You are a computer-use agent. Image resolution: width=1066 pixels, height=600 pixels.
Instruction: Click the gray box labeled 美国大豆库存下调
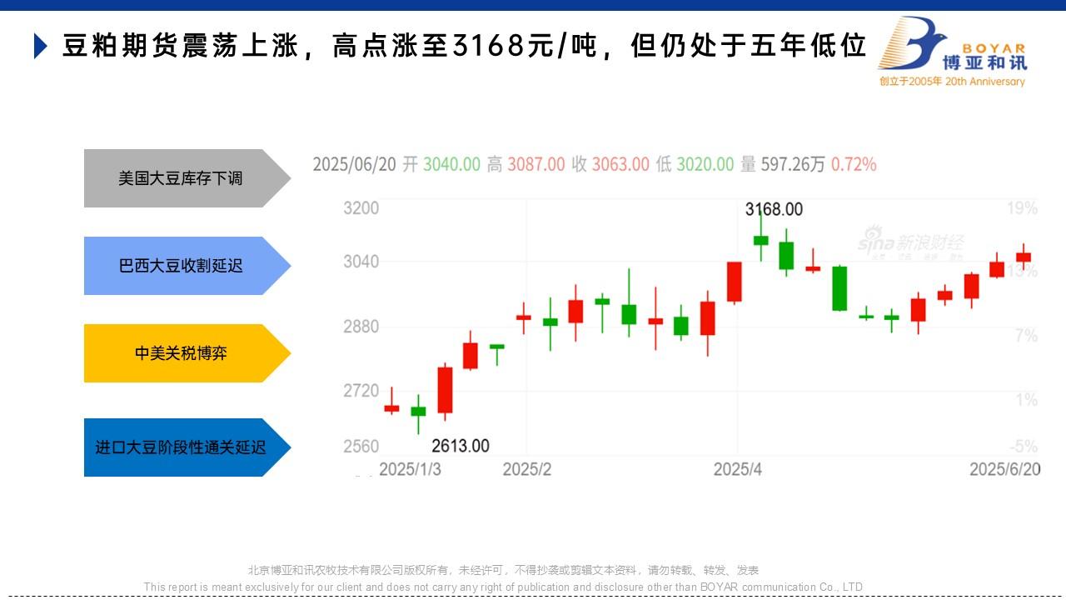coord(181,178)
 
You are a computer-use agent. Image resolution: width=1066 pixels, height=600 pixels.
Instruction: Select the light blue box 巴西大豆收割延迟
coord(181,266)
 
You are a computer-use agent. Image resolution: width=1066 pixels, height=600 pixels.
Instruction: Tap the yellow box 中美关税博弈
coord(181,353)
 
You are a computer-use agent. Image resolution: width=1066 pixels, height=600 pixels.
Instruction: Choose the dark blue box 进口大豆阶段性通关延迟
coord(181,447)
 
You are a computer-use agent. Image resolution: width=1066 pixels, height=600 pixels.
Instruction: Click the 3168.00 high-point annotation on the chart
coord(774,209)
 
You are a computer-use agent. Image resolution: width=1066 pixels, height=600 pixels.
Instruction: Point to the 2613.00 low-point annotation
coord(461,446)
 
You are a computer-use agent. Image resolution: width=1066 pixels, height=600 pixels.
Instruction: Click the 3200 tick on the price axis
coord(361,207)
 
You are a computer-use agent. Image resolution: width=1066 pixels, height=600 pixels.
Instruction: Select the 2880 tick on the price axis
coord(361,326)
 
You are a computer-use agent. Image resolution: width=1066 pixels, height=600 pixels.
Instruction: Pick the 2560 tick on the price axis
coord(361,447)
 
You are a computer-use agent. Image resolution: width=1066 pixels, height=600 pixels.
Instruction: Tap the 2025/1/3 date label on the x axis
coord(410,469)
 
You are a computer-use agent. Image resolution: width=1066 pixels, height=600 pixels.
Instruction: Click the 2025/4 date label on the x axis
coord(738,469)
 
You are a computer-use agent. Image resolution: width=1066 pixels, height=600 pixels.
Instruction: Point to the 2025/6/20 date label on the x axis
coord(1004,469)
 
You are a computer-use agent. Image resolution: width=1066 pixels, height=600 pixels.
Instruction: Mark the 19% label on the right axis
coord(1023,207)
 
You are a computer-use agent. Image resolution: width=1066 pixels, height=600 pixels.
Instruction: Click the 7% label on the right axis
coord(1026,335)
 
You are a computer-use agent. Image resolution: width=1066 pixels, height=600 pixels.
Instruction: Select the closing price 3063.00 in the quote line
coord(620,164)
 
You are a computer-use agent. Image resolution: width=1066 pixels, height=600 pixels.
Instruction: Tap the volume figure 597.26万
coord(792,164)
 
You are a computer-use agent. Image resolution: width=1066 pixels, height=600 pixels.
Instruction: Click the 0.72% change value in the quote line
coord(854,164)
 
